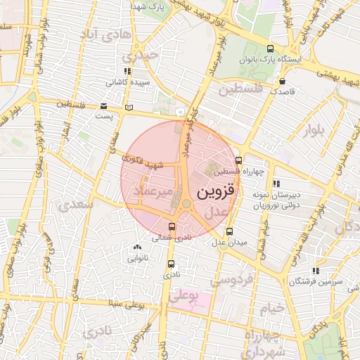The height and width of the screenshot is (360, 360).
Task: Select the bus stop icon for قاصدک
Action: tap(267, 90)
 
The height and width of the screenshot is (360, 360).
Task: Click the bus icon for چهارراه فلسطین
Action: tap(239, 160)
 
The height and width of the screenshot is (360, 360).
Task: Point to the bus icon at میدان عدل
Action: tap(229, 231)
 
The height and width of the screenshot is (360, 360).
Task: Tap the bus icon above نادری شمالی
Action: tap(173, 226)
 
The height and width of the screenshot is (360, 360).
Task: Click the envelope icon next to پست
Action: tap(103, 105)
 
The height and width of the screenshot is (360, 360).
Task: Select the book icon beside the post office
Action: tap(127, 108)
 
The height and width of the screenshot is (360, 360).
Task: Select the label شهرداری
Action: tap(262, 350)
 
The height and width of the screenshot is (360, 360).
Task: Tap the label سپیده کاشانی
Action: tap(128, 82)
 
